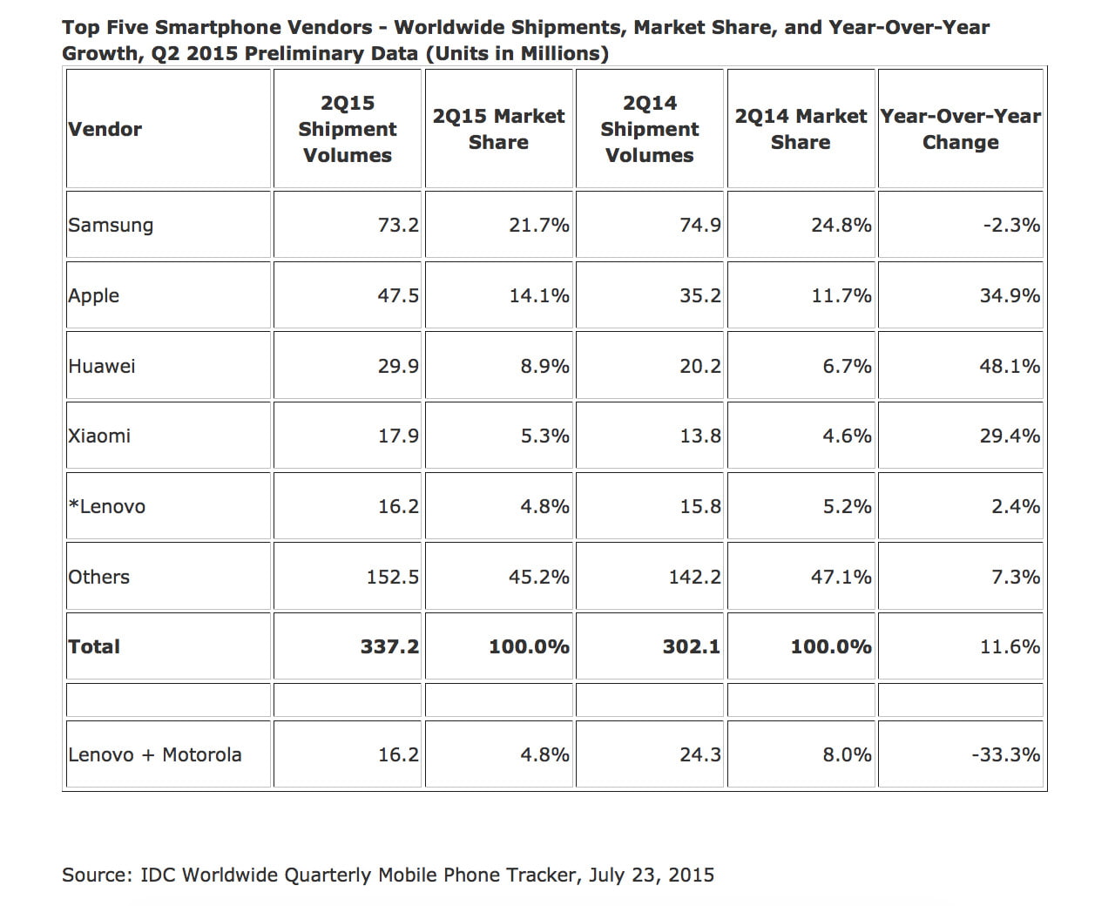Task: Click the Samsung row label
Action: pos(111,225)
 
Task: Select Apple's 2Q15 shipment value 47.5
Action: pos(398,295)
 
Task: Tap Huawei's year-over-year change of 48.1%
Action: pos(1010,366)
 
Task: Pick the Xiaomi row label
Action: pos(99,436)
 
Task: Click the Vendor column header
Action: pos(105,129)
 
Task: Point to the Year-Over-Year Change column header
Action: pos(960,129)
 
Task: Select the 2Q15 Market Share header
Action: pos(498,129)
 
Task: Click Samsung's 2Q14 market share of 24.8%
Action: pos(841,225)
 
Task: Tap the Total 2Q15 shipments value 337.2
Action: pos(389,646)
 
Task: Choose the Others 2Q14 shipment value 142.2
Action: pos(694,577)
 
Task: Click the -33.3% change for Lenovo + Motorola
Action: pos(1005,754)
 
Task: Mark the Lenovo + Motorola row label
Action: pos(155,754)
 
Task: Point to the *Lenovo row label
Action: pos(107,506)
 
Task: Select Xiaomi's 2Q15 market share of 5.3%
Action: pos(544,436)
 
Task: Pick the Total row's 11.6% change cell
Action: pos(1010,646)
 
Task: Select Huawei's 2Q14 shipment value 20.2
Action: pos(700,366)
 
